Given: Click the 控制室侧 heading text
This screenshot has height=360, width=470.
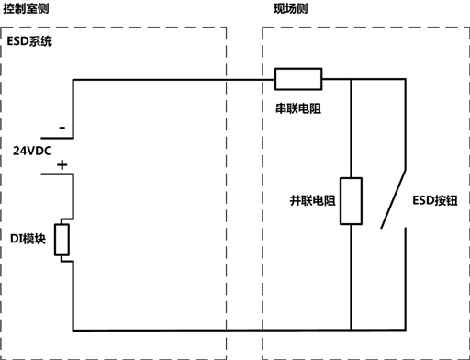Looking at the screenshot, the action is [x=26, y=8].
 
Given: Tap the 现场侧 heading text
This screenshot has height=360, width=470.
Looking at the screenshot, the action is [x=290, y=8].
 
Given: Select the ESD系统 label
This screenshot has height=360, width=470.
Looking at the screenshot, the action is [x=29, y=41].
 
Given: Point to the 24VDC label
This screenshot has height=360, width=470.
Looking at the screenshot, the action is [x=32, y=151].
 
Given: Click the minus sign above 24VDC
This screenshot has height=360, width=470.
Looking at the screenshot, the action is [x=62, y=128].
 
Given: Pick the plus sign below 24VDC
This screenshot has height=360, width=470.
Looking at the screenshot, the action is [x=62, y=165].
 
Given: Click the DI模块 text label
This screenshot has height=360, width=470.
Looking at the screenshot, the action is [x=28, y=239].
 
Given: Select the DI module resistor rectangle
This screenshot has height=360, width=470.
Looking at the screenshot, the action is [x=62, y=240].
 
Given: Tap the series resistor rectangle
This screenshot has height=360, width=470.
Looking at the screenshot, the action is [x=298, y=79].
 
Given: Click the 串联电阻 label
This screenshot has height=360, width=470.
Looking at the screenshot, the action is [x=298, y=108].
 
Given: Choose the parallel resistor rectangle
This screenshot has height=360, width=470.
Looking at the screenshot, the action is [x=352, y=201].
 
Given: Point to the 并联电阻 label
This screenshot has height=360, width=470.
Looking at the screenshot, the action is [x=312, y=201].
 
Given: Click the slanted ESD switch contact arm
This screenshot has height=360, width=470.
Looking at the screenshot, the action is [x=394, y=199].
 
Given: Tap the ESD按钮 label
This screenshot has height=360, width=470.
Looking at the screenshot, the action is [x=435, y=200].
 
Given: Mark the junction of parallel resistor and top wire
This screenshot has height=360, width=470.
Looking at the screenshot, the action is [x=352, y=79].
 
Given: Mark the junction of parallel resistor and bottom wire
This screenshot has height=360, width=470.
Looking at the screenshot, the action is [x=352, y=331].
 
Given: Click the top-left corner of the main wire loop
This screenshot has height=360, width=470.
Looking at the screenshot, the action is [x=73, y=80].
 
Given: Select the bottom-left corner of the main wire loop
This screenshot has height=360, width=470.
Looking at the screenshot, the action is [x=73, y=331].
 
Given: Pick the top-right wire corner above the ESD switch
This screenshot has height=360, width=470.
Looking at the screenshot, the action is [x=406, y=79].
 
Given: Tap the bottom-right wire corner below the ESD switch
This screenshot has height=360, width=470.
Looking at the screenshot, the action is [x=406, y=331].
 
